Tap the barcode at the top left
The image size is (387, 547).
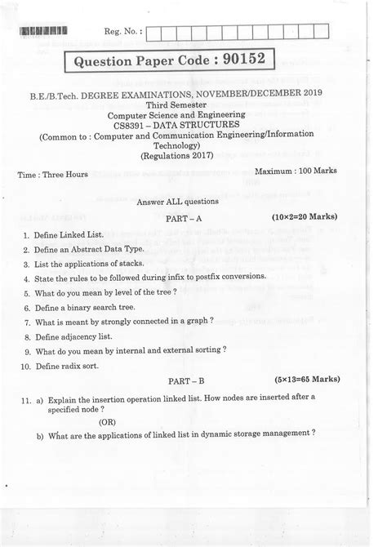pyautogui.click(x=42, y=32)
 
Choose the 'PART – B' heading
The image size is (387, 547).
pyautogui.click(x=192, y=381)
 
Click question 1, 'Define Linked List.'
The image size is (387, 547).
pyautogui.click(x=64, y=234)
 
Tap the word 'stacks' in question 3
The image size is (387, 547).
pyautogui.click(x=131, y=264)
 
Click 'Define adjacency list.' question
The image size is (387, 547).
pyautogui.click(x=78, y=336)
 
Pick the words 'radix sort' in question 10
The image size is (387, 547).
pyautogui.click(x=82, y=367)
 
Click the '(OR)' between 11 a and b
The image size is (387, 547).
pyautogui.click(x=107, y=423)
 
